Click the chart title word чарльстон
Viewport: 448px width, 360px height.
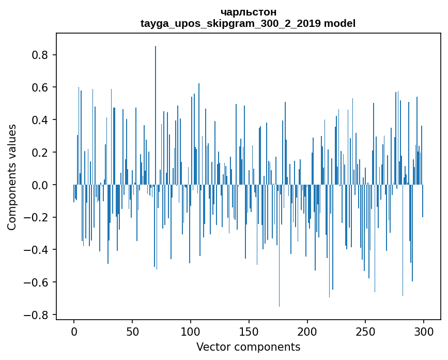click(248, 12)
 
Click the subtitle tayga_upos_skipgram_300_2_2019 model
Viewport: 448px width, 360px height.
click(248, 23)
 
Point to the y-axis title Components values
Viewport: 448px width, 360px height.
click(12, 177)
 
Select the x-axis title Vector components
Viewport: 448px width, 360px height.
click(248, 347)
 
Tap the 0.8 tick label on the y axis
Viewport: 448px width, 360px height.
click(40, 55)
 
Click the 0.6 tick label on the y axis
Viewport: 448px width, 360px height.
click(40, 88)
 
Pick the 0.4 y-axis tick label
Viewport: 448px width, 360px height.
click(40, 120)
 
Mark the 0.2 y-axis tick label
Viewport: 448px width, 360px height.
click(40, 153)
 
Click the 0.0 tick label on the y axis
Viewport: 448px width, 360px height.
click(40, 185)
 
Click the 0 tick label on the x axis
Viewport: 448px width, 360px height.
click(74, 331)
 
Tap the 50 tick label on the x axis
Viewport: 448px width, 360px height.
click(132, 331)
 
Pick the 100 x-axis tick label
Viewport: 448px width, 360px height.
click(191, 331)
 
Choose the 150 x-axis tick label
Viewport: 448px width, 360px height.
click(249, 331)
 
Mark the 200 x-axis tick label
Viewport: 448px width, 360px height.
click(307, 331)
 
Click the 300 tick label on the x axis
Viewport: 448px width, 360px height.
click(424, 331)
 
